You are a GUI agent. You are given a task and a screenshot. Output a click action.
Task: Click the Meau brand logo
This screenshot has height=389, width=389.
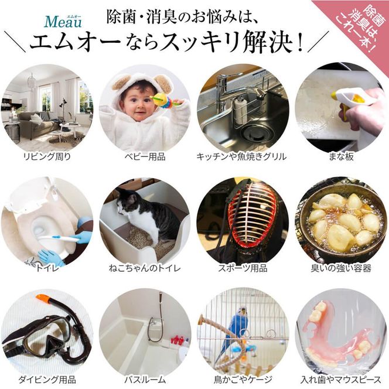click(63, 22)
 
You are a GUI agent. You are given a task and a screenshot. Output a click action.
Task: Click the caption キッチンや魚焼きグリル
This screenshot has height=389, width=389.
click(242, 156)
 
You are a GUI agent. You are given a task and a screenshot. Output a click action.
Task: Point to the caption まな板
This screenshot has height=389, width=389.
click(340, 156)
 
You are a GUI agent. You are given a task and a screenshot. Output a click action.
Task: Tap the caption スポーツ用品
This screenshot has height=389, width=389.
click(242, 268)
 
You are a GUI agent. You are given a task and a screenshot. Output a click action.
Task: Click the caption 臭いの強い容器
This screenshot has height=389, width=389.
click(340, 268)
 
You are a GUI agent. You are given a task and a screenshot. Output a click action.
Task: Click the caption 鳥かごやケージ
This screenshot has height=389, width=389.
click(242, 379)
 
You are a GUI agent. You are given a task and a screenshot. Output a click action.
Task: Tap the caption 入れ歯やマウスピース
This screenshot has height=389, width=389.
click(340, 379)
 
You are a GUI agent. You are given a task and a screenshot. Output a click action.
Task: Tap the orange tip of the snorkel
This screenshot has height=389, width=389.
click(43, 299)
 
